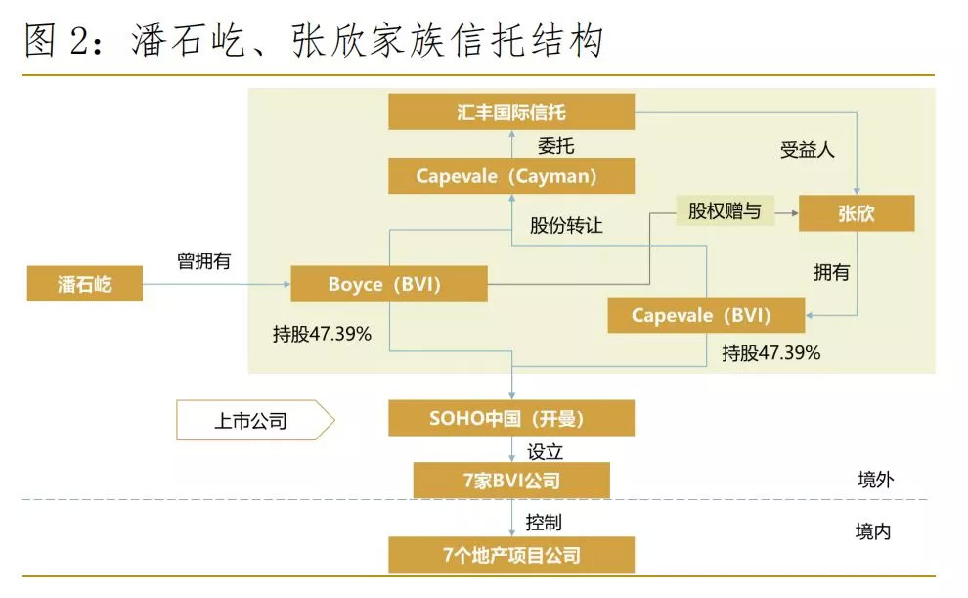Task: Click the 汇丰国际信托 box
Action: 511,112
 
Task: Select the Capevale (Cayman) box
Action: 511,176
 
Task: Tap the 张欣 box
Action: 857,213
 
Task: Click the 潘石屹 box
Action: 85,284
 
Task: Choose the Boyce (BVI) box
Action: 389,285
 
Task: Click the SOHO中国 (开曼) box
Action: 511,418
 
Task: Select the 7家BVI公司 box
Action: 511,481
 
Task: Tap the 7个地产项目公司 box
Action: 511,555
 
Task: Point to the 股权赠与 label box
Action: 724,210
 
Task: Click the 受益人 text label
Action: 807,150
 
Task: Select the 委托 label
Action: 555,146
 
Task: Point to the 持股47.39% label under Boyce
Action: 322,333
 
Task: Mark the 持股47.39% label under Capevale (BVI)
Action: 770,352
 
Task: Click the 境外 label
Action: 875,480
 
